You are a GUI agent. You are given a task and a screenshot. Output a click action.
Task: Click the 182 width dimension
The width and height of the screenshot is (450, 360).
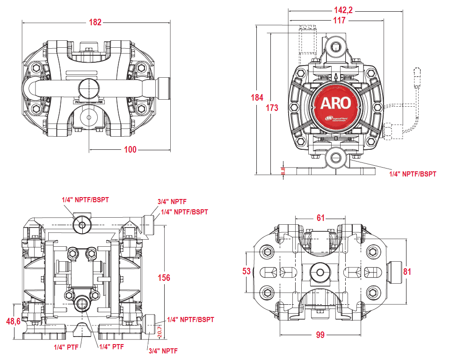(95, 22)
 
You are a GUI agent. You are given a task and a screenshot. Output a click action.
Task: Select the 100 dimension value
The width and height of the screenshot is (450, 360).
(130, 149)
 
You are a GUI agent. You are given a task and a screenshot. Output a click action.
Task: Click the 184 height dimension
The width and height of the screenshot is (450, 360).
(257, 97)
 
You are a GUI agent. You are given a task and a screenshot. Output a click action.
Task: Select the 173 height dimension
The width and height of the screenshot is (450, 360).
(272, 108)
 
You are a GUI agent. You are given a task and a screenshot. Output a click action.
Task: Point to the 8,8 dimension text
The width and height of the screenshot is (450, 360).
(283, 171)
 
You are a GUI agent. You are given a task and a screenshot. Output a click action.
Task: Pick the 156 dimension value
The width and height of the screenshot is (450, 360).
(163, 278)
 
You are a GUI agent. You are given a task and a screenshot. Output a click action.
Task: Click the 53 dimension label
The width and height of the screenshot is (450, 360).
(247, 271)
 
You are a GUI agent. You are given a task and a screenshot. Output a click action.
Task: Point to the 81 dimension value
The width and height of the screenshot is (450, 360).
(407, 271)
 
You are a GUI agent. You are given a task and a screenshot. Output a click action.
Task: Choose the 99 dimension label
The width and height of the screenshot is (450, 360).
(320, 335)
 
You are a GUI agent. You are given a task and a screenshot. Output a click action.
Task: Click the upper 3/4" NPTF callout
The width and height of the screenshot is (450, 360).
(172, 202)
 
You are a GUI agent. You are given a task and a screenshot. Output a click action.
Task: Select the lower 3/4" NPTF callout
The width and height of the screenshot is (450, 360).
(163, 351)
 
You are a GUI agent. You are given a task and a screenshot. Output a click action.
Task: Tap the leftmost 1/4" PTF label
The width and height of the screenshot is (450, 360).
(65, 347)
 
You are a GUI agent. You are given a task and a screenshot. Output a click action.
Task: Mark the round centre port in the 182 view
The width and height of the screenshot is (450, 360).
(88, 87)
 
